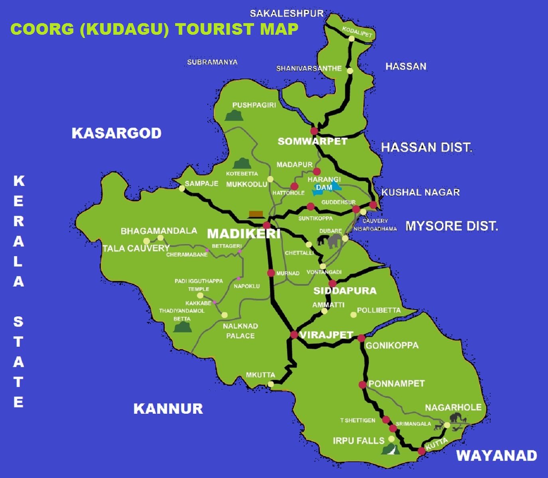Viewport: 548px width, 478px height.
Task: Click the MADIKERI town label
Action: coord(244,233)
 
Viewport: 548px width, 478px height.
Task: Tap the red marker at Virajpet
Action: coord(294,335)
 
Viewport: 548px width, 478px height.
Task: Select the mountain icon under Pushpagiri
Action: coord(234,116)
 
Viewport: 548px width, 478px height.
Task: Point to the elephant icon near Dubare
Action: coord(331,241)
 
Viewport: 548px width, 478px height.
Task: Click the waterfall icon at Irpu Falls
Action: coord(390,450)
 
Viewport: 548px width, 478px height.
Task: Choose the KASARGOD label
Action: coord(116,133)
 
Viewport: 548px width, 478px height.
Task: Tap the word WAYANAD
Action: coord(497,456)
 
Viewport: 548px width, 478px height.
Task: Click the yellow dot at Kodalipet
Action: coord(351,39)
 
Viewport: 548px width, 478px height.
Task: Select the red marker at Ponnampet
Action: coord(362,385)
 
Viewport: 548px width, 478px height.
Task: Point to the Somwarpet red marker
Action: coord(314,131)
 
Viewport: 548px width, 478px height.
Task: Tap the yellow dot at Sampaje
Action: coord(182,188)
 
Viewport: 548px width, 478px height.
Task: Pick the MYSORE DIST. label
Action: coord(452,226)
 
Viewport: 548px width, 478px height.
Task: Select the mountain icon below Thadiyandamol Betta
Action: coord(182,328)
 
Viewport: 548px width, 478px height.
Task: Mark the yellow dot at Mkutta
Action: coord(271,384)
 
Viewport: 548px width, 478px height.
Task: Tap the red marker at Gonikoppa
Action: coord(361,338)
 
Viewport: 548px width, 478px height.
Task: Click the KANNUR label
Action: coord(168,409)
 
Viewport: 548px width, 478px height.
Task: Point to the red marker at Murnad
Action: coord(271,273)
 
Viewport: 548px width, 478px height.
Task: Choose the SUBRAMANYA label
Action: coord(212,62)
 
